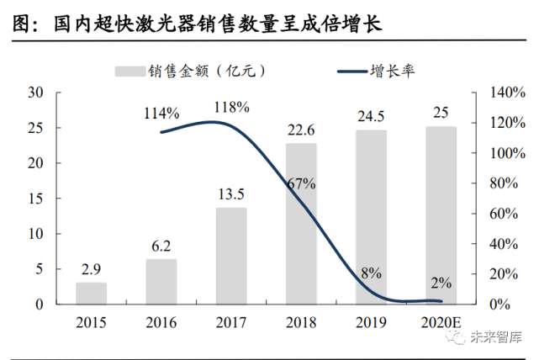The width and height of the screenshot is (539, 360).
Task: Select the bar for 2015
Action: [x=92, y=293]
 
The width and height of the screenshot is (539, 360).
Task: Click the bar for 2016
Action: [x=161, y=281]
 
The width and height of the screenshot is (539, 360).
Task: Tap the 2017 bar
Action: [x=231, y=256]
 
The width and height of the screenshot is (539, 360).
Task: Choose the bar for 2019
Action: [x=371, y=217]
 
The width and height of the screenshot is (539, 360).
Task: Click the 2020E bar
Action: [x=441, y=215]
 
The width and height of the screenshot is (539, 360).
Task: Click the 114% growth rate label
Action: [x=161, y=113]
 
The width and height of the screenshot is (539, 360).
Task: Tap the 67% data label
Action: [x=300, y=183]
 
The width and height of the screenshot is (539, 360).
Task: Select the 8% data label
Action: [x=371, y=273]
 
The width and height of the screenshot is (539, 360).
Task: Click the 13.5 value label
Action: [x=231, y=194]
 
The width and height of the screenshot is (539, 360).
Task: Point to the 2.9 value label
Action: [x=92, y=269]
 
